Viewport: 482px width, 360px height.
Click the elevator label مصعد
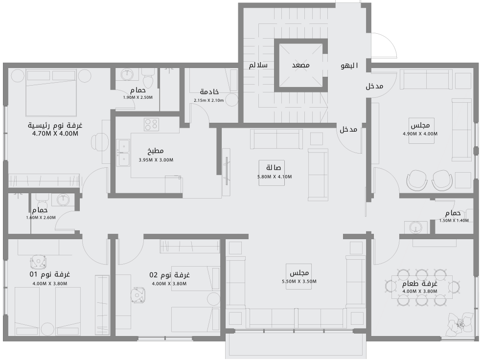pos(300,65)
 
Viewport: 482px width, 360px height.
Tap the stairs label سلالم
pos(258,65)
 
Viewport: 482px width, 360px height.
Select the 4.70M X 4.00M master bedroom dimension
pos(55,133)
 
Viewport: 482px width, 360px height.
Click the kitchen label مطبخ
pos(155,151)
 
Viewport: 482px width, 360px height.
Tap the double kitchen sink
pos(123,153)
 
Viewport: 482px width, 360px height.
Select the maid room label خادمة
pos(209,92)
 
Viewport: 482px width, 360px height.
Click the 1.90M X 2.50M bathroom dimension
pos(138,97)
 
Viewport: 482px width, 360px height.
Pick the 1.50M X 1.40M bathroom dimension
pos(454,221)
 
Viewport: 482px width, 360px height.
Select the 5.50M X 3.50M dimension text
pos(298,281)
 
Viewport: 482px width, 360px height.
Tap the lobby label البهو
pos(349,66)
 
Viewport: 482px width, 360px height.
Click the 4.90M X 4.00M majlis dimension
pos(420,134)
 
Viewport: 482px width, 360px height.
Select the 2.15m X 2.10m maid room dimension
pos(208,100)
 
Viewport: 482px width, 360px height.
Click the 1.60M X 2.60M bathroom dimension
pos(41,218)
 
